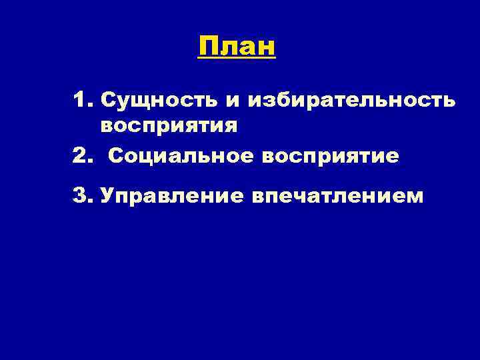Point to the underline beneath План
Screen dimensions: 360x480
pos(237,60)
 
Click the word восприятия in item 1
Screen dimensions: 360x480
pos(169,125)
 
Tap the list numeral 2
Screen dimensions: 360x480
pos(81,156)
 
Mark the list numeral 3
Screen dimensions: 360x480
pos(81,197)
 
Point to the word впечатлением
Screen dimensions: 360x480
pos(337,197)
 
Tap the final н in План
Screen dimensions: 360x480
pos(267,48)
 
